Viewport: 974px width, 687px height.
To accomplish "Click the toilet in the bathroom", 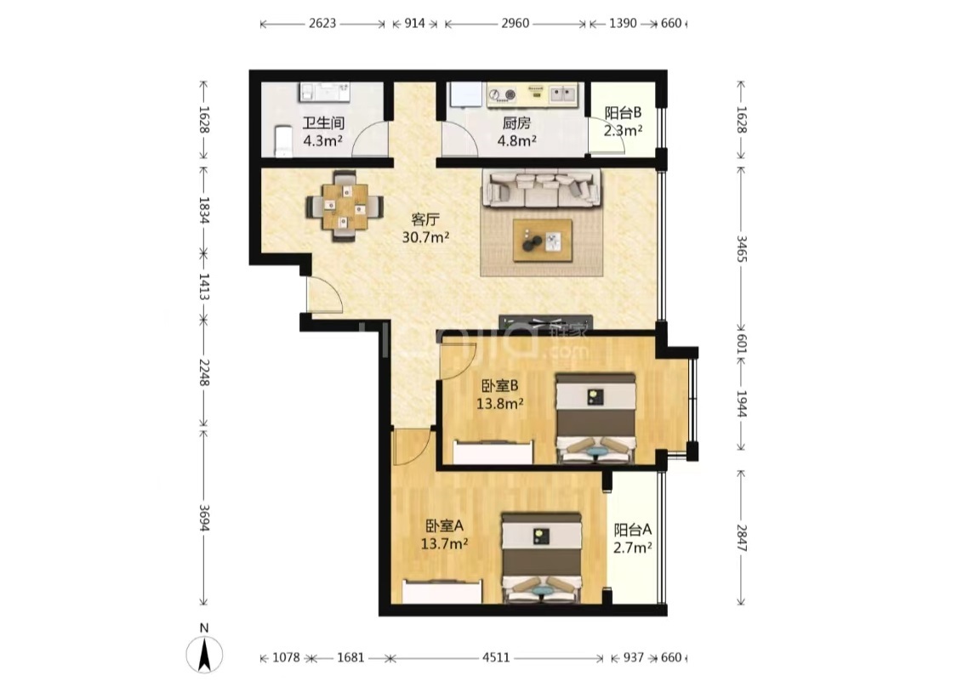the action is [x=282, y=140].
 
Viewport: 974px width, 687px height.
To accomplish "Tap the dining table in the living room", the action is [x=345, y=206].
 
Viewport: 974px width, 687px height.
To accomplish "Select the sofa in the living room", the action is [x=543, y=189].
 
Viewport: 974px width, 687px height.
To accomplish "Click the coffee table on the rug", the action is [x=542, y=240].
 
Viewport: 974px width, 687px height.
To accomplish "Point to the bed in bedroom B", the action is [x=595, y=417].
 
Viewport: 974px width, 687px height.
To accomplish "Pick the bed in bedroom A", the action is [x=542, y=557].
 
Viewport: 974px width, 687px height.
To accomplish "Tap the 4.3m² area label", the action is [x=323, y=141].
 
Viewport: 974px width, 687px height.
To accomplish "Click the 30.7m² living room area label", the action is [x=425, y=237].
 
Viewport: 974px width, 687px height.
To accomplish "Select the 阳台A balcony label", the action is [x=632, y=530].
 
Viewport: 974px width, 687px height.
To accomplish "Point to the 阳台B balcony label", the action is [x=623, y=113].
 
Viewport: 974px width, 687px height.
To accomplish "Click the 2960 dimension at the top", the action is [x=515, y=24].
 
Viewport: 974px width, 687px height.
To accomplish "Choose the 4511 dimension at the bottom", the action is [x=496, y=657].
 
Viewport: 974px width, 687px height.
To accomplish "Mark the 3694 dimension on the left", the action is [x=204, y=517].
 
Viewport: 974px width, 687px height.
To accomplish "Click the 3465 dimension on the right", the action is [x=741, y=247].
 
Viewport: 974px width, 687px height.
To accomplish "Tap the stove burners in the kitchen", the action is [x=503, y=94].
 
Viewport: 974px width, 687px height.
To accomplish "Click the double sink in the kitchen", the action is [x=563, y=94].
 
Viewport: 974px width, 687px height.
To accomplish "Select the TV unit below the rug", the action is [x=545, y=322].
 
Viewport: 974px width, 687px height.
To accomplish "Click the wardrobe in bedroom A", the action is [x=441, y=592].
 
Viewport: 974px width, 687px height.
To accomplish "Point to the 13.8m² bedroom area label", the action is [x=499, y=403].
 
